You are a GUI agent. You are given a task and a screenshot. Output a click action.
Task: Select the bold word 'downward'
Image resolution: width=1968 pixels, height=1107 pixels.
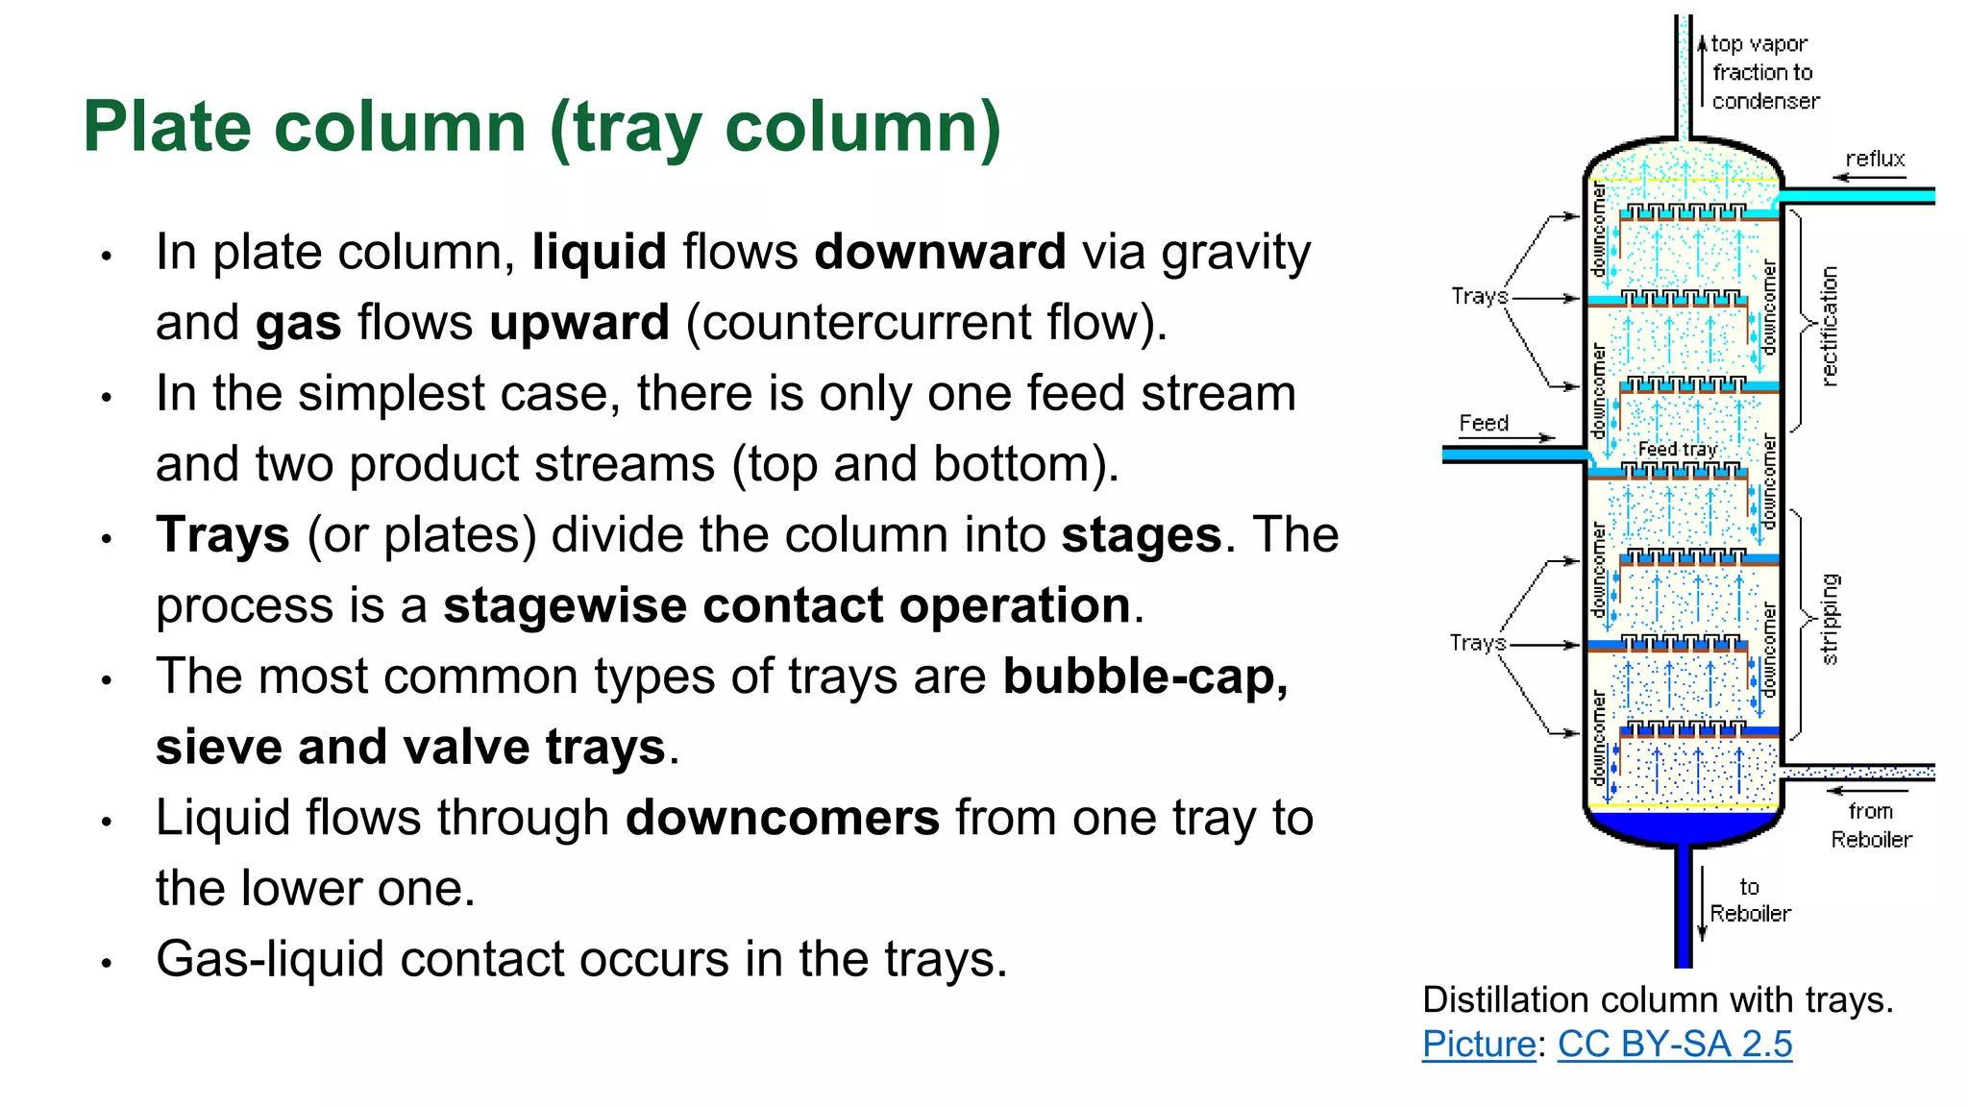point(940,253)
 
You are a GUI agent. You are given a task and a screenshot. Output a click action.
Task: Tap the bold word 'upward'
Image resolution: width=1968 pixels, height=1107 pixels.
point(578,323)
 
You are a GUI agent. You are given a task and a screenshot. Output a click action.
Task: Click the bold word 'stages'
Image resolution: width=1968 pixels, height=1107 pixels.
point(1141,535)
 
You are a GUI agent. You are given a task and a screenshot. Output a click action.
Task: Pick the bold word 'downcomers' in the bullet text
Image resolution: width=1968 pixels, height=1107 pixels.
point(782,818)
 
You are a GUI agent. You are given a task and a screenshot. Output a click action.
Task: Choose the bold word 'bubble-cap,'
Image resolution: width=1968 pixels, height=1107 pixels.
point(1144,676)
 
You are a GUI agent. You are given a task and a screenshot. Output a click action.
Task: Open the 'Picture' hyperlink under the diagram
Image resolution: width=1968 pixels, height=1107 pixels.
point(1478,1044)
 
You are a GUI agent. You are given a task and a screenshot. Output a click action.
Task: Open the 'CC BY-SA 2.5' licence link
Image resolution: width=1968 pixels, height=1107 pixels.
point(1674,1044)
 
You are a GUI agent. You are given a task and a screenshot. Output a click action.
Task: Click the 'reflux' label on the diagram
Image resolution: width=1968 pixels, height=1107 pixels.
point(1875,159)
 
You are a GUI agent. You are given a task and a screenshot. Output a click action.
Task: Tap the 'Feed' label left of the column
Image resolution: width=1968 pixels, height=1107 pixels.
point(1484,423)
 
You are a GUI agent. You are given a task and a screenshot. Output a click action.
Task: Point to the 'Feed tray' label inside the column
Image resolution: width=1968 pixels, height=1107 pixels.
point(1677,449)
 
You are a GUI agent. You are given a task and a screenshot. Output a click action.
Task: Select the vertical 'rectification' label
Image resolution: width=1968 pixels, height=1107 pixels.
point(1830,327)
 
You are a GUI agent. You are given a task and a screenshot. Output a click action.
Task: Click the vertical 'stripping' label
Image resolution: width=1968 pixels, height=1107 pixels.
point(1830,619)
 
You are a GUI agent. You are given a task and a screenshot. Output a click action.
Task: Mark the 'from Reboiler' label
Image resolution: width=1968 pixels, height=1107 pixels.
point(1871,825)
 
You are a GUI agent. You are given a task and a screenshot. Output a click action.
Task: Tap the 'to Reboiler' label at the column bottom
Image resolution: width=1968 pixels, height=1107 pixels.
point(1750,900)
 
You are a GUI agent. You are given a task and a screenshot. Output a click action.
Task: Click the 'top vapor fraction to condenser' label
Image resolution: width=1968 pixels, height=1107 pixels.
point(1764,72)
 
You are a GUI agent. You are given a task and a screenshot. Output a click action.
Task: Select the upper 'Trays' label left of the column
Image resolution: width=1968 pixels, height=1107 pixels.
point(1478,296)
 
